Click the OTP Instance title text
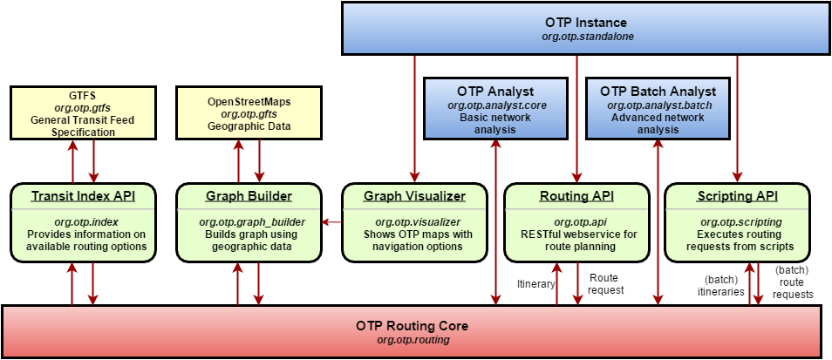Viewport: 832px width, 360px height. point(586,23)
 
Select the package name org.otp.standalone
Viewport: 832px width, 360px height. point(586,37)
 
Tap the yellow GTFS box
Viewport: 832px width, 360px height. point(83,112)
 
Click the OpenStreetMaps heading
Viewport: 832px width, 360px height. point(249,101)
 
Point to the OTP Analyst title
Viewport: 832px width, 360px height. point(495,92)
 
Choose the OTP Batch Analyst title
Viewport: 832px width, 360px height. point(658,92)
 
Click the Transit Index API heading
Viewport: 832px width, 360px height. point(84,196)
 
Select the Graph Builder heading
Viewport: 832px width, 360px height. point(249,196)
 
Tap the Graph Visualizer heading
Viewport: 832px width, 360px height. point(414,196)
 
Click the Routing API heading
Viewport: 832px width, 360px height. point(576,196)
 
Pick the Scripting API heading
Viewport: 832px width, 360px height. point(737,196)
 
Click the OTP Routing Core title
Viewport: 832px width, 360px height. point(413,325)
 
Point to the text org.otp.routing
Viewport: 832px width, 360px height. point(413,339)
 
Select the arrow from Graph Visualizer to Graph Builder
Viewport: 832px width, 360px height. point(331,222)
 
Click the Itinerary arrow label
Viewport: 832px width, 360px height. point(536,284)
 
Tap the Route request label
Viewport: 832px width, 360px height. point(606,283)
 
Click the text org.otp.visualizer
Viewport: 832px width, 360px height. point(414,221)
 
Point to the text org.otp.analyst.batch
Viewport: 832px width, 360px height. point(658,105)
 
